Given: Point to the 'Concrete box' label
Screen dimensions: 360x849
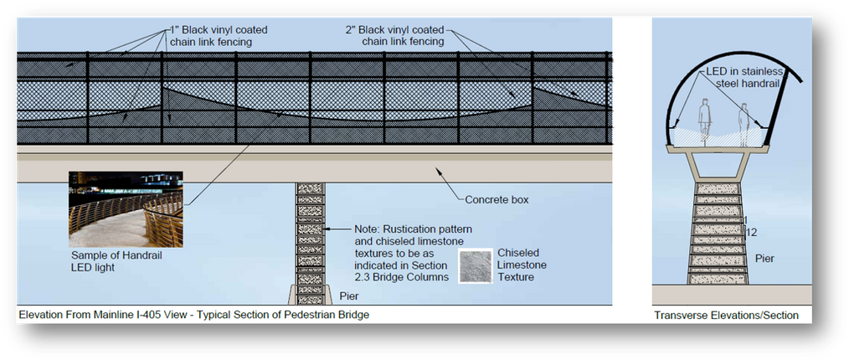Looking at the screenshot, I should pos(497,199).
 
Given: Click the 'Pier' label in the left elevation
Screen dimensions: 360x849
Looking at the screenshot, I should pos(350,296).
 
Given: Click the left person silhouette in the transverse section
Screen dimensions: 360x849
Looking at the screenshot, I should pos(705,121).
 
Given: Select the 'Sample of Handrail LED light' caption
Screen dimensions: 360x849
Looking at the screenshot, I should pos(109,261).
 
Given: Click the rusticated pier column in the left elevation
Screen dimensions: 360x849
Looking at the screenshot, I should pos(309,243).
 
